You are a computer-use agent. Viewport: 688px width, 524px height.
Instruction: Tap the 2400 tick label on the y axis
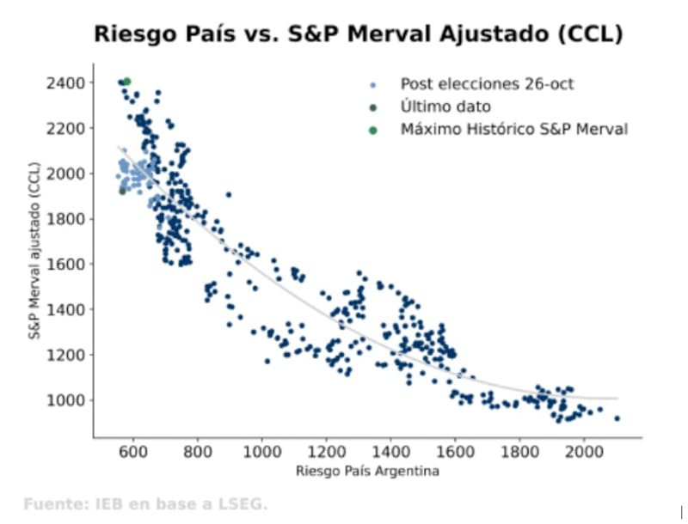point(65,82)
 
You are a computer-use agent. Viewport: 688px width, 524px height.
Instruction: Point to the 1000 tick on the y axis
point(65,399)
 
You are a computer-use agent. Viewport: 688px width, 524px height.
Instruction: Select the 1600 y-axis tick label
point(65,264)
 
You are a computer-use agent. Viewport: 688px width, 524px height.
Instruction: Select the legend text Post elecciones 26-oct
point(487,84)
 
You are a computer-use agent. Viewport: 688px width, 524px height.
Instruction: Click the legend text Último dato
point(445,107)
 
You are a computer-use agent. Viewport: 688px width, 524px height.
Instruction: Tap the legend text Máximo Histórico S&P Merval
point(513,130)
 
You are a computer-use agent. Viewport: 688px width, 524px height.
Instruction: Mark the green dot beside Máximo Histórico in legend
point(372,130)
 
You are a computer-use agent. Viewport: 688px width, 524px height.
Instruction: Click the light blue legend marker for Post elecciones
point(372,85)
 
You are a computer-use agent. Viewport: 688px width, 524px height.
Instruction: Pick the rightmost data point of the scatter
point(617,418)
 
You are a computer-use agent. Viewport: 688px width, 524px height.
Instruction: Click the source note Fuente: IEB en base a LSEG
point(145,503)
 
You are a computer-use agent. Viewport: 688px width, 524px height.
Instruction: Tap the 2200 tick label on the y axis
point(65,128)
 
